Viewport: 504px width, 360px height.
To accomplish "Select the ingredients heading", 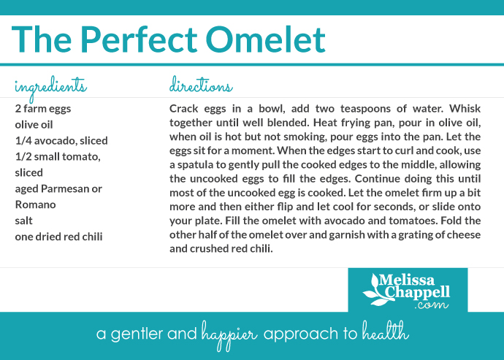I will pos(50,86).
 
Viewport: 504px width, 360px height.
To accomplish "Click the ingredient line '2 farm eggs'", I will pos(43,108).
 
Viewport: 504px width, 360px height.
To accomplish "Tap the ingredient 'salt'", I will pos(23,221).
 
